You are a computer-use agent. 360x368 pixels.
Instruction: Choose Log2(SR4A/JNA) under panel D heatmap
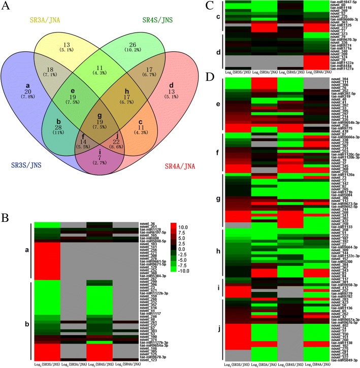[x=313, y=364]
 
